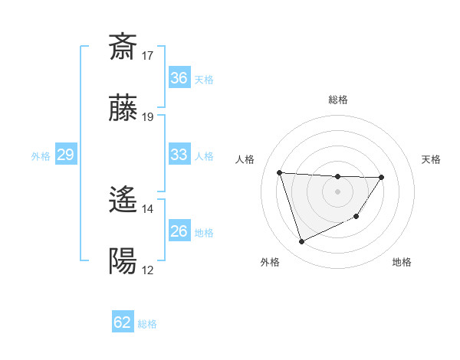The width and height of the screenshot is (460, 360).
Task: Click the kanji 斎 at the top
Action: [x=123, y=47]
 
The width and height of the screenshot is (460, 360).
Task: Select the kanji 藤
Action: [x=123, y=110]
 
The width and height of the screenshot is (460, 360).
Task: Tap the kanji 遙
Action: [x=123, y=201]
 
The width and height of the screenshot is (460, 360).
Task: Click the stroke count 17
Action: [x=148, y=55]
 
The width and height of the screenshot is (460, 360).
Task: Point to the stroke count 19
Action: [x=148, y=117]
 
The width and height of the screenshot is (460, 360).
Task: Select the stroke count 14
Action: [x=148, y=208]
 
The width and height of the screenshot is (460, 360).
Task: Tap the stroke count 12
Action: [x=148, y=270]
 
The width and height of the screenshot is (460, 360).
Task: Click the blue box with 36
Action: [x=179, y=78]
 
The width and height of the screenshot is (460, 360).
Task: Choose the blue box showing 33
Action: [x=179, y=155]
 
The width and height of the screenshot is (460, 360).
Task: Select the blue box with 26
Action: [x=179, y=231]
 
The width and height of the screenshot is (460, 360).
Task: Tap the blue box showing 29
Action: [x=65, y=155]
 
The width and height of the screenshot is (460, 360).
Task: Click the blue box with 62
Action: [x=123, y=322]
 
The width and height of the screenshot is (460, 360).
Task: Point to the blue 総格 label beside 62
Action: [x=147, y=324]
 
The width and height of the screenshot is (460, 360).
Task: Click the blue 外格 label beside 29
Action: [x=41, y=156]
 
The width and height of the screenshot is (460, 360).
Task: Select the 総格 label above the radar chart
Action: [x=337, y=100]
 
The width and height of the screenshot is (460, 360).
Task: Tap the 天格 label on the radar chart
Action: [x=432, y=159]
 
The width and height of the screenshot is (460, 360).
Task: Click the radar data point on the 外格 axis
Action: [x=301, y=242]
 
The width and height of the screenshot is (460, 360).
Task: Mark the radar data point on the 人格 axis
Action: [x=280, y=172]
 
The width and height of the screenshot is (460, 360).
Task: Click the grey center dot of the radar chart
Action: [x=337, y=191]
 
